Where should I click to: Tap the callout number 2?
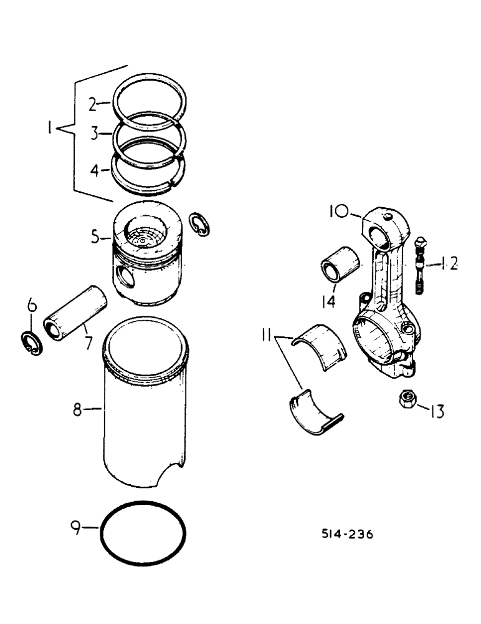click(92, 105)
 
